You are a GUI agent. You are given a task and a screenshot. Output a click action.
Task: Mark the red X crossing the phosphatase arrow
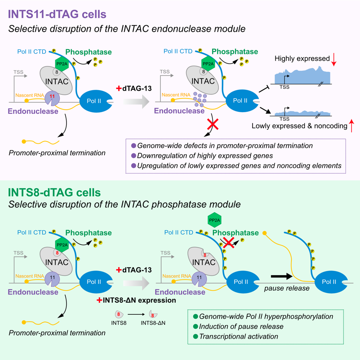click(229, 242)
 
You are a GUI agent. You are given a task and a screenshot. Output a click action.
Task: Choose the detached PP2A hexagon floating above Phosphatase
click(214, 220)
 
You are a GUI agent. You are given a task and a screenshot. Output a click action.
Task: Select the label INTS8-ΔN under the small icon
click(153, 322)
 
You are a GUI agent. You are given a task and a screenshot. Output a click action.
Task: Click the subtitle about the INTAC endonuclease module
click(127, 29)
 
